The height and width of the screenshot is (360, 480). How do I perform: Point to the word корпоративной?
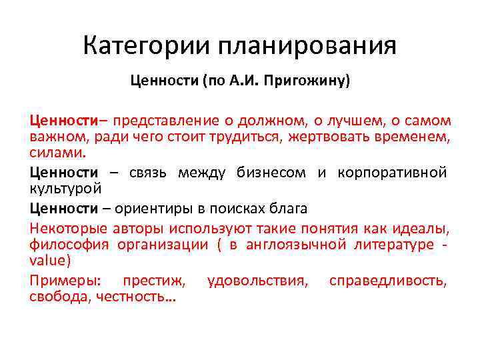click(x=391, y=173)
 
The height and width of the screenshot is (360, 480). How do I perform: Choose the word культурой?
click(x=65, y=188)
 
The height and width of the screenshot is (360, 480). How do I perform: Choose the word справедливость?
click(x=389, y=281)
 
